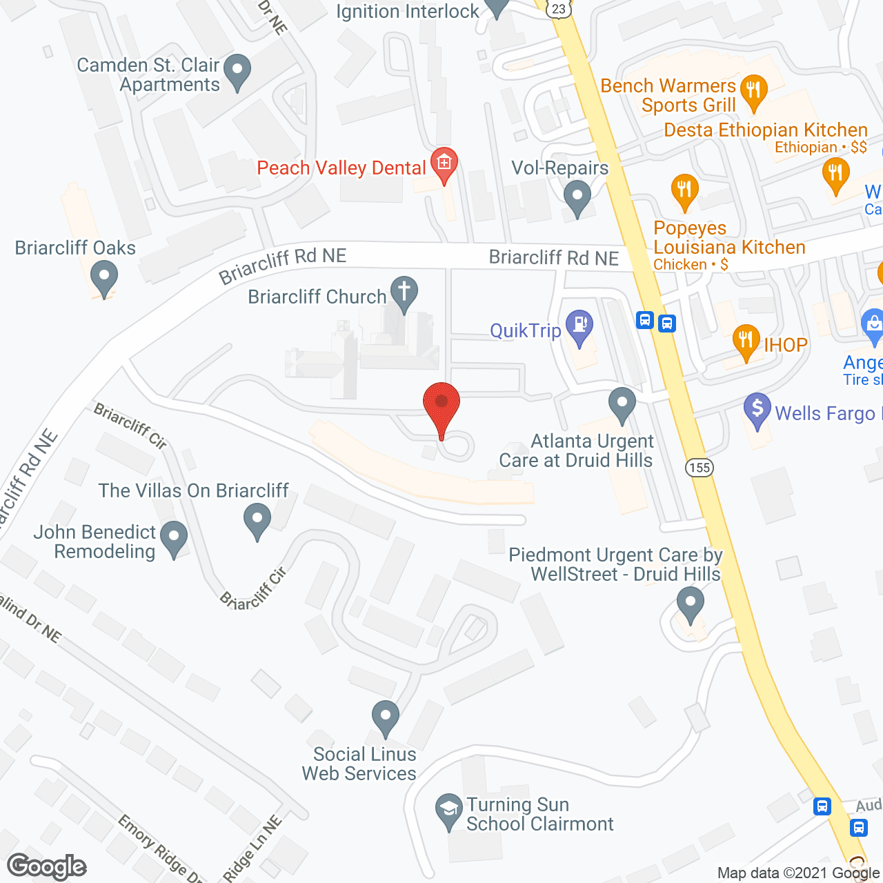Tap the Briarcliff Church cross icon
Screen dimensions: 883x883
[x=404, y=292]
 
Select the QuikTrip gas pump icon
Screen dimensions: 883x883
[x=579, y=326]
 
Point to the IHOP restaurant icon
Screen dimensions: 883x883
[x=746, y=341]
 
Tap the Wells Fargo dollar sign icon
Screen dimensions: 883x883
[x=757, y=409]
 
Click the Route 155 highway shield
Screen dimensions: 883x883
[x=700, y=468]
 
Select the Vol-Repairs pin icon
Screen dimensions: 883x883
[x=577, y=197]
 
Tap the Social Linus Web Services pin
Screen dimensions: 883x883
[x=385, y=716]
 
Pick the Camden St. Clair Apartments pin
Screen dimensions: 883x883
[x=237, y=70]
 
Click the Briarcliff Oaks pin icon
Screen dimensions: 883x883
[x=104, y=277]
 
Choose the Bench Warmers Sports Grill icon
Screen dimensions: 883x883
[x=753, y=90]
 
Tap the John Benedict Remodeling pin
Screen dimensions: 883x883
[x=174, y=537]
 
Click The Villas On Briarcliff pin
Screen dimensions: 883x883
[x=257, y=519]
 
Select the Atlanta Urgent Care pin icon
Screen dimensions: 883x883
[x=622, y=404]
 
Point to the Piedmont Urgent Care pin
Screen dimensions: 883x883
[x=690, y=602]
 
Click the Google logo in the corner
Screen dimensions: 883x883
[x=46, y=866]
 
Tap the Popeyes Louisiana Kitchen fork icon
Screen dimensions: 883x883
[x=684, y=190]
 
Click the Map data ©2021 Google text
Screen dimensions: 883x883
[x=798, y=873]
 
